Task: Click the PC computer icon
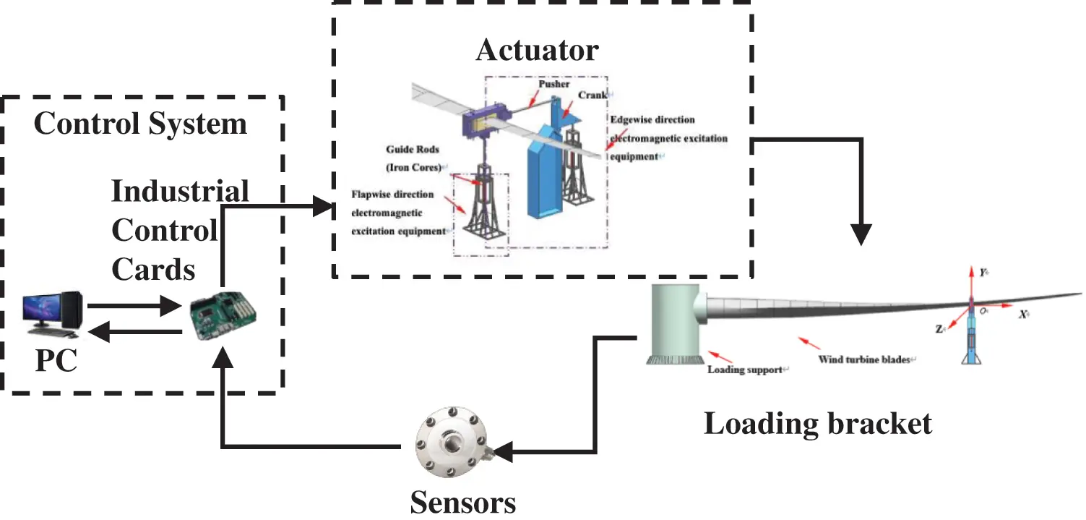coord(52,314)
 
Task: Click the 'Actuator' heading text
coord(537,51)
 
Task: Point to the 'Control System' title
coord(140,124)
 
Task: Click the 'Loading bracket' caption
coord(818,423)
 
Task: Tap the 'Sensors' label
coord(463,502)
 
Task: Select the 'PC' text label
coord(56,361)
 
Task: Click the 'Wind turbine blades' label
coord(864,359)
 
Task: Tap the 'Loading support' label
coord(744,370)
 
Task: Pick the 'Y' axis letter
coord(983,273)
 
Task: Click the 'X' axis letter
coord(1022,315)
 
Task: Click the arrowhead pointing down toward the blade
coord(861,234)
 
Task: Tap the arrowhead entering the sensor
coord(503,453)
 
